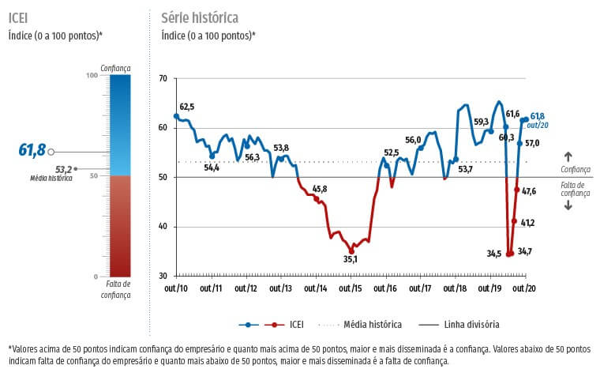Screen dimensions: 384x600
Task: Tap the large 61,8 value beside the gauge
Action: point(32,150)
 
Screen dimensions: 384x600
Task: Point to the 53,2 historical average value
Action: point(63,169)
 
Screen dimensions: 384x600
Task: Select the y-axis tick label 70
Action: point(163,78)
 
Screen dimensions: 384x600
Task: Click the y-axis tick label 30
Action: point(163,276)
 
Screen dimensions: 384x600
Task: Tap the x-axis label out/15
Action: point(351,289)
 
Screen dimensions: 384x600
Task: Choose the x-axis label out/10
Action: point(176,289)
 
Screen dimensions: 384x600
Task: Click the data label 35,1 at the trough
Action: point(350,259)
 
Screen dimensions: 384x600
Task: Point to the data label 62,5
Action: point(187,107)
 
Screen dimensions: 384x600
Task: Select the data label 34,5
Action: point(494,254)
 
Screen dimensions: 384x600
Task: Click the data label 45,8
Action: point(320,189)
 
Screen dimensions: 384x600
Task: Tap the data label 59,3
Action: point(481,122)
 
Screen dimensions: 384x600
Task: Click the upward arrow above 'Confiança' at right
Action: point(568,156)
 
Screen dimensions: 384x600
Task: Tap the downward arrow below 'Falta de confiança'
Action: point(568,205)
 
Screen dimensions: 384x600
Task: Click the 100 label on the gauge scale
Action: point(92,75)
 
